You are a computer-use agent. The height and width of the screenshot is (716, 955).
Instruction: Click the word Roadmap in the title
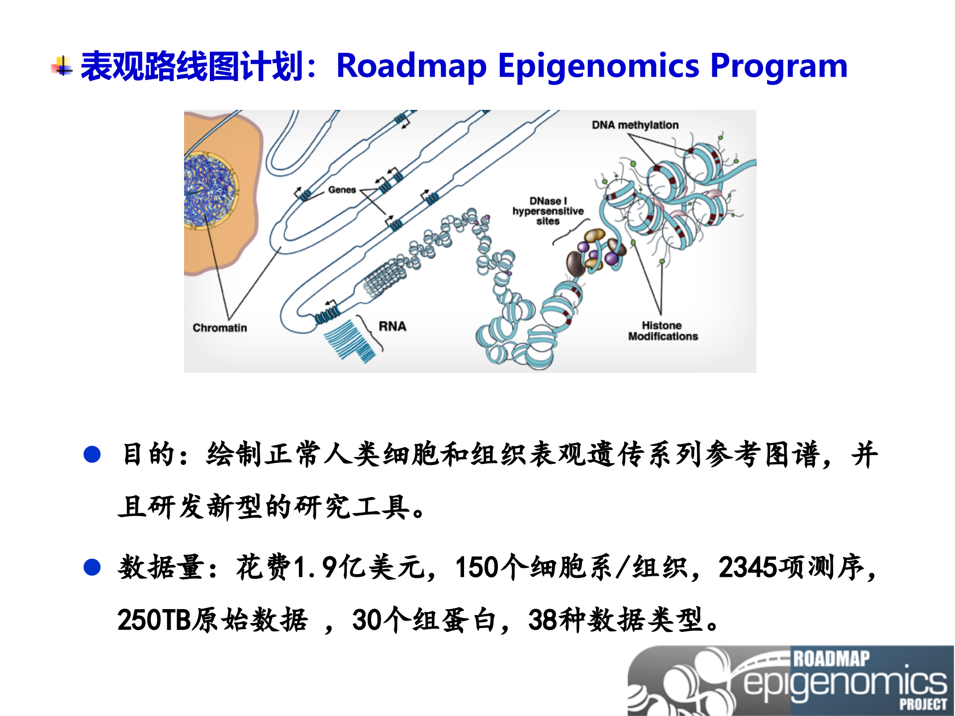point(411,66)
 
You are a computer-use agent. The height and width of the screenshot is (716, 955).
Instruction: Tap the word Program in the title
point(778,66)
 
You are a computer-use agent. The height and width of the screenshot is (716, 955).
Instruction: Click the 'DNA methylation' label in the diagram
point(635,125)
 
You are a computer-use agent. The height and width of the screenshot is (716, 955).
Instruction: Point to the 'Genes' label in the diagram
point(342,190)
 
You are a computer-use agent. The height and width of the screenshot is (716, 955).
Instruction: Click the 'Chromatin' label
point(219,328)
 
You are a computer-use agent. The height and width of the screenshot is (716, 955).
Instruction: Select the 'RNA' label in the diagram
point(392,327)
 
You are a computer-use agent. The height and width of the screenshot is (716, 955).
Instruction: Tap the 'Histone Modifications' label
point(663,331)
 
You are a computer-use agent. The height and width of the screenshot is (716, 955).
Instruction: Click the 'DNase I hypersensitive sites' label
point(548,211)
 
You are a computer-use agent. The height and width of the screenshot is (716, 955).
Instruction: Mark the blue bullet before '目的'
point(93,454)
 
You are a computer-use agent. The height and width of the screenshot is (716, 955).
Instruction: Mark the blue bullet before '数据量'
point(93,567)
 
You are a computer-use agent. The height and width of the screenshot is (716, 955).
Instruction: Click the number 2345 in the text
point(747,567)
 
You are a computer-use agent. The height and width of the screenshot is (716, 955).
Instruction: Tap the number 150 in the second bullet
point(477,567)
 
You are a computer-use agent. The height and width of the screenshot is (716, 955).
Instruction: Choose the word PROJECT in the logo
point(923,705)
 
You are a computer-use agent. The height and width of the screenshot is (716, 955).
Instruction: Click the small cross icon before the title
point(62,67)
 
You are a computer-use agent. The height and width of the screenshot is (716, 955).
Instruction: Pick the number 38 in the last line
point(543,620)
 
